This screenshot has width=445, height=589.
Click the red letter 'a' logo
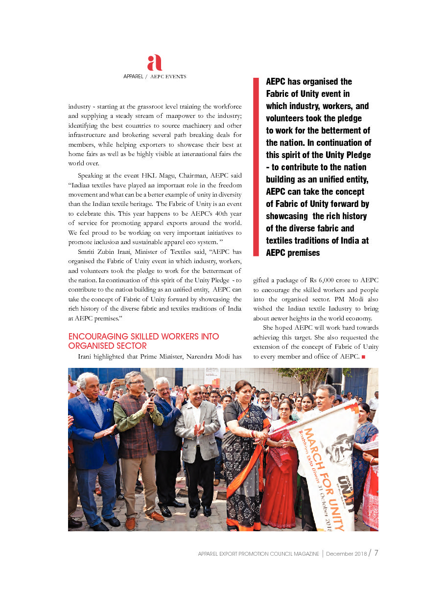pyautogui.click(x=154, y=63)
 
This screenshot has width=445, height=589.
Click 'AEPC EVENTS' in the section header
pyautogui.click(x=168, y=77)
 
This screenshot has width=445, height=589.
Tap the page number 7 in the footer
pyautogui.click(x=376, y=553)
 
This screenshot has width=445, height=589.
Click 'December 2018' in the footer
pyautogui.click(x=346, y=554)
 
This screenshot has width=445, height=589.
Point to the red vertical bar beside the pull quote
pyautogui.click(x=256, y=166)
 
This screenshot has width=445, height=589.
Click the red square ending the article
pyautogui.click(x=363, y=357)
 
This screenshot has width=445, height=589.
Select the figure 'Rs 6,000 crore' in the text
pyautogui.click(x=327, y=280)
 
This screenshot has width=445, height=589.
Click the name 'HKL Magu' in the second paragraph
pyautogui.click(x=156, y=175)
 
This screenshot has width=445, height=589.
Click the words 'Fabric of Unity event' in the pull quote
pyautogui.click(x=307, y=93)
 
